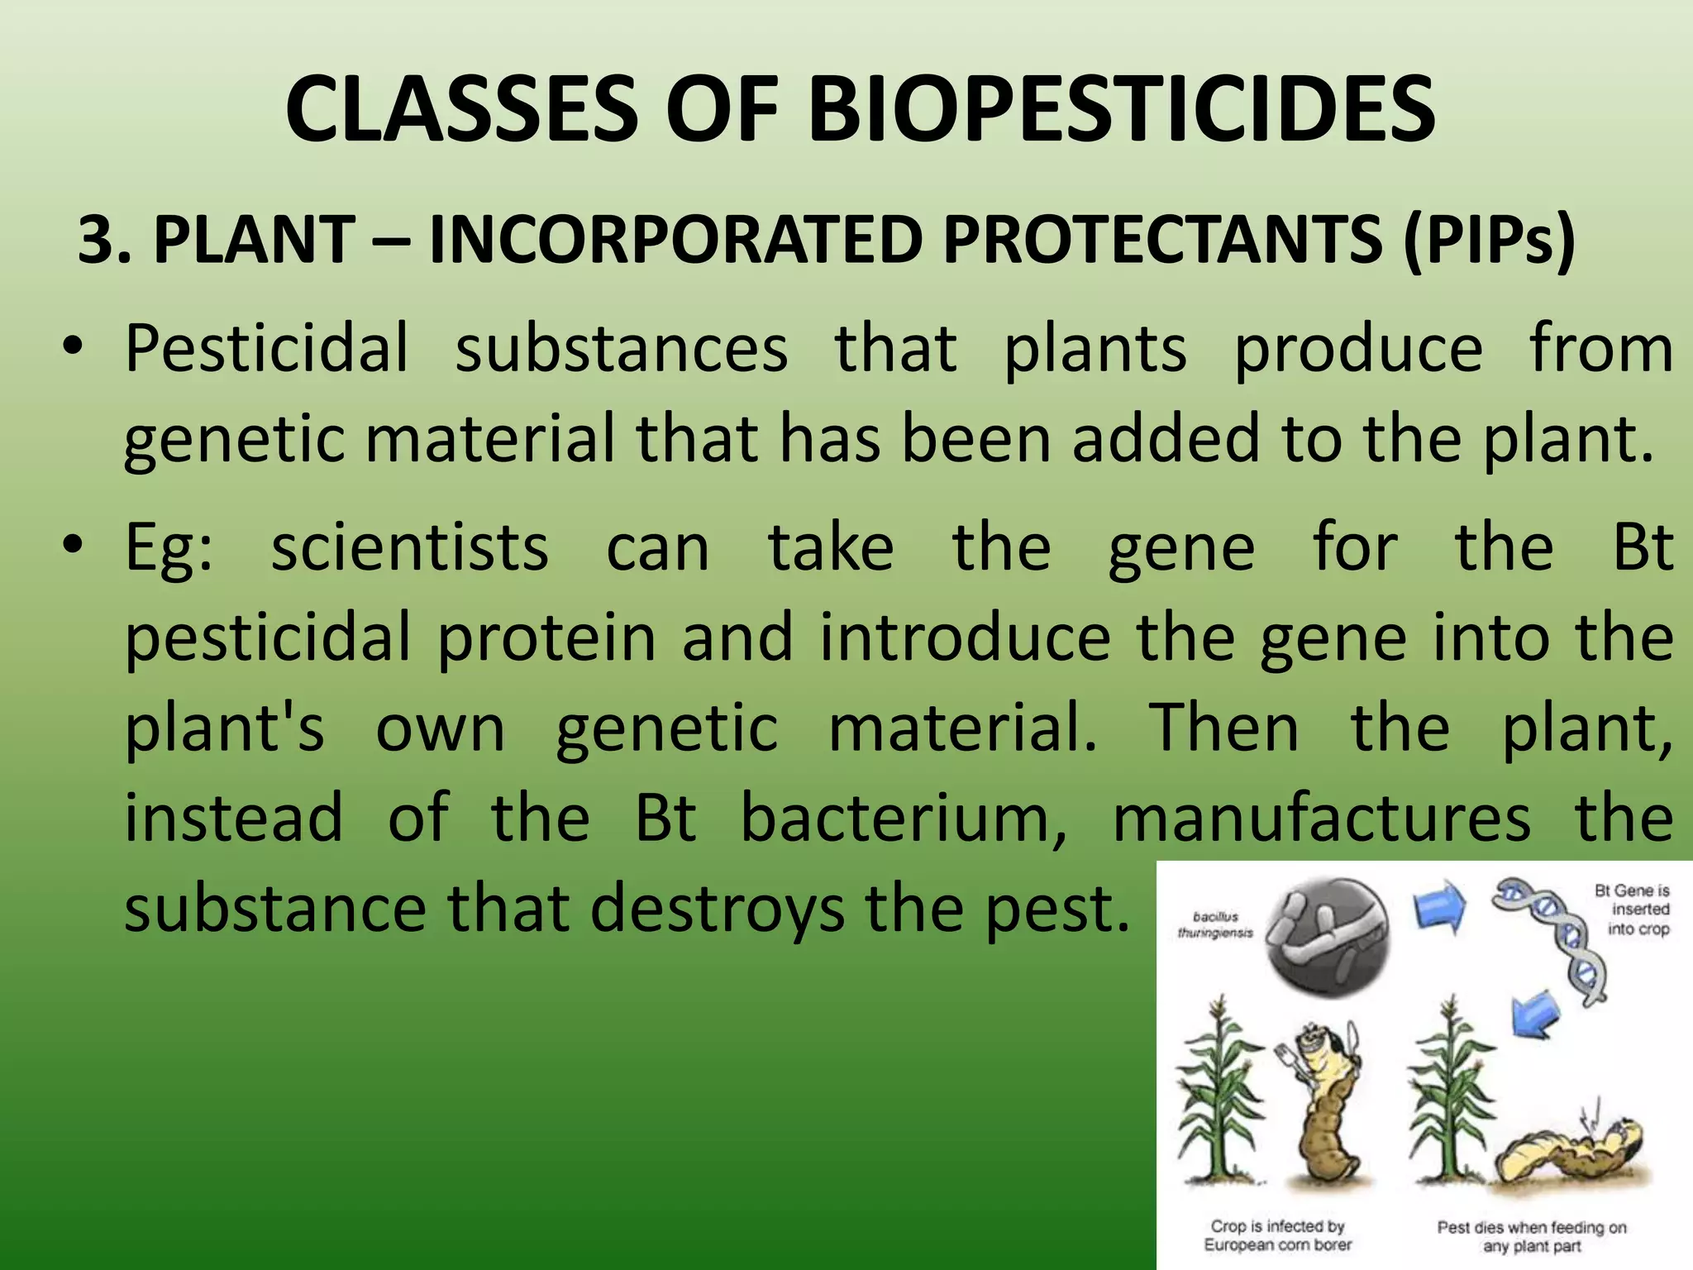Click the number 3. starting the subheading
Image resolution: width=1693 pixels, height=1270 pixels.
click(105, 240)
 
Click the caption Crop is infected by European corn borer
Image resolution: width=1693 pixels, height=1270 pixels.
click(1277, 1235)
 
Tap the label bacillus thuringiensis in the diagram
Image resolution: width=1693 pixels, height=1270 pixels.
click(1215, 924)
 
